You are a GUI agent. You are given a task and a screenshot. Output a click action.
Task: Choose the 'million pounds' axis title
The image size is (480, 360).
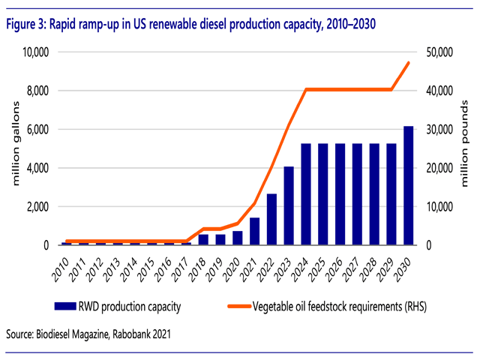pos(466,148)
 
